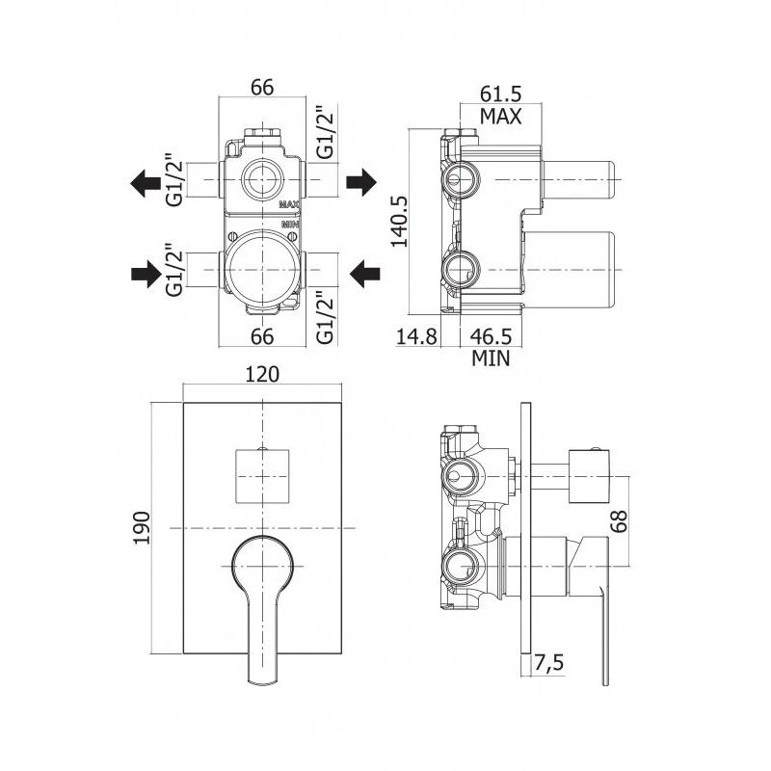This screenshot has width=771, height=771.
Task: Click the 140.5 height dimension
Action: coord(400,222)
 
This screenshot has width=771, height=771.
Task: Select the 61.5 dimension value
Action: coord(500,94)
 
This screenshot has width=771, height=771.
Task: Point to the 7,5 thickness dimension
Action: coord(550,664)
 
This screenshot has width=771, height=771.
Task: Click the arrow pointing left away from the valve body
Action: coord(146,181)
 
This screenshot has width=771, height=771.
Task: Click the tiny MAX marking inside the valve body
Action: coord(289,205)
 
